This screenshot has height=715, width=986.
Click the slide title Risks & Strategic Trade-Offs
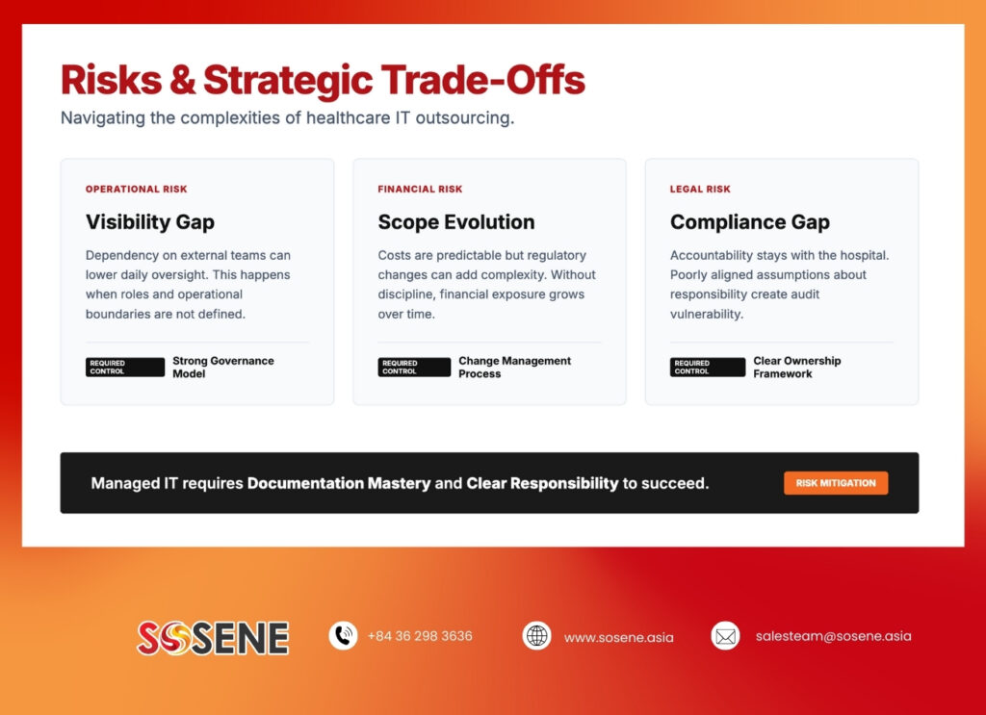click(323, 80)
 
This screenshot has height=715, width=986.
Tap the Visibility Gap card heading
click(149, 222)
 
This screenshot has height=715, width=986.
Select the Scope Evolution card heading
click(455, 222)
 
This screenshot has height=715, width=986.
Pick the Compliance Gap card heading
click(749, 222)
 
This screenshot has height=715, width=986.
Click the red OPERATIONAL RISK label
click(136, 190)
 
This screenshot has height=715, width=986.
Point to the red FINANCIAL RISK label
click(420, 190)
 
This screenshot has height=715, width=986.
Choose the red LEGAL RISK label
click(700, 190)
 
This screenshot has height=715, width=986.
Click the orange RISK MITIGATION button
click(835, 483)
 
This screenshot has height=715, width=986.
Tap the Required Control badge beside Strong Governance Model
click(124, 368)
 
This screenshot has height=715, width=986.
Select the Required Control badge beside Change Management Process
click(414, 368)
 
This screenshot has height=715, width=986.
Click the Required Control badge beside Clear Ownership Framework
click(707, 368)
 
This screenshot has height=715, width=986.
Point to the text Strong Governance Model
click(222, 368)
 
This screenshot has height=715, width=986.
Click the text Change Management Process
click(514, 368)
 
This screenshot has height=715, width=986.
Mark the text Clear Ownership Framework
click(796, 368)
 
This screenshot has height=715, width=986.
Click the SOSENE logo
click(213, 637)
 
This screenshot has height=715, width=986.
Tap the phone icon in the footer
click(343, 636)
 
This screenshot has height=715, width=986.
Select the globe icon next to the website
click(536, 636)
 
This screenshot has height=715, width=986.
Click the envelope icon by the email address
click(725, 636)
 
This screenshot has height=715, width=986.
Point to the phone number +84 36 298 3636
click(420, 636)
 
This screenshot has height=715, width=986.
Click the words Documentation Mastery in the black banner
click(338, 483)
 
